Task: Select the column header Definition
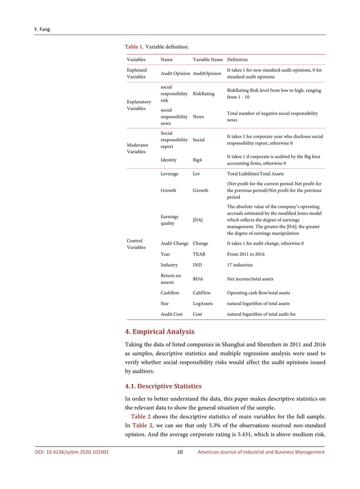click(x=237, y=59)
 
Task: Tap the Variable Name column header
click(x=208, y=59)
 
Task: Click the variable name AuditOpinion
click(x=207, y=73)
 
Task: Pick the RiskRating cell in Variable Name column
click(x=204, y=94)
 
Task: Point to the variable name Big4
click(x=198, y=160)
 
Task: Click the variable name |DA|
click(x=197, y=220)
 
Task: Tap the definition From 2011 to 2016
click(x=246, y=255)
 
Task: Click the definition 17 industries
click(x=240, y=265)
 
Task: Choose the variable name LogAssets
click(x=203, y=303)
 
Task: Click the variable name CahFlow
click(x=202, y=292)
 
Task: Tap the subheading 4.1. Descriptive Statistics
click(x=163, y=386)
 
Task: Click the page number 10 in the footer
click(x=179, y=452)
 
